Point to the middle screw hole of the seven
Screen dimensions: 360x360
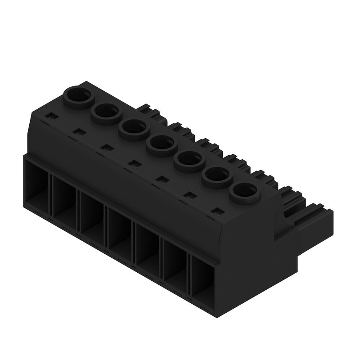pos(161,144)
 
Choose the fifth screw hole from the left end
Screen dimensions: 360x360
pos(189,160)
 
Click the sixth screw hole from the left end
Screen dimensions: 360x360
pos(216,177)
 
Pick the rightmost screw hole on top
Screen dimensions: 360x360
pos(243,193)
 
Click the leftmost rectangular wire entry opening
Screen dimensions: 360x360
pos(37,189)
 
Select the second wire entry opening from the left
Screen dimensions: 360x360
pos(65,205)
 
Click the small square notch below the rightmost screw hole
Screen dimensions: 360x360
pos(218,211)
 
